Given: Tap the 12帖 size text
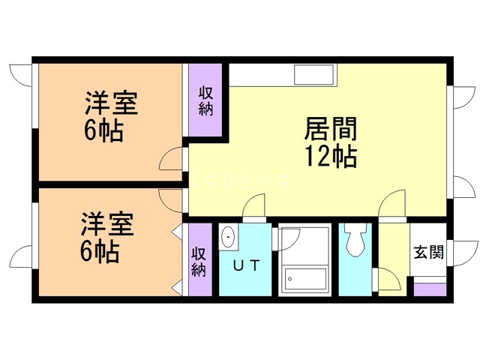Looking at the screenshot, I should (330, 157).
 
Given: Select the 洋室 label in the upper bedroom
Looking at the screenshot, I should (111, 103).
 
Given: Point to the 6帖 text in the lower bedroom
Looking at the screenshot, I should (100, 252).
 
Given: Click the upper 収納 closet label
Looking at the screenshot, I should (205, 100).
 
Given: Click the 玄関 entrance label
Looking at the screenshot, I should (428, 250).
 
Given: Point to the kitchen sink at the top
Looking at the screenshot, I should (316, 76).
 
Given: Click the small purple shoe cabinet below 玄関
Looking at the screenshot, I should (429, 289).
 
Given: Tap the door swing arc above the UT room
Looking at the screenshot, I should (255, 206).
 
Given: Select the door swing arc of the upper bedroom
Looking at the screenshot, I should (172, 158).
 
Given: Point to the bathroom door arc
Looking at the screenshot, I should (289, 238).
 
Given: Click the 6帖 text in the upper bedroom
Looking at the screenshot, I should (103, 131).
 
